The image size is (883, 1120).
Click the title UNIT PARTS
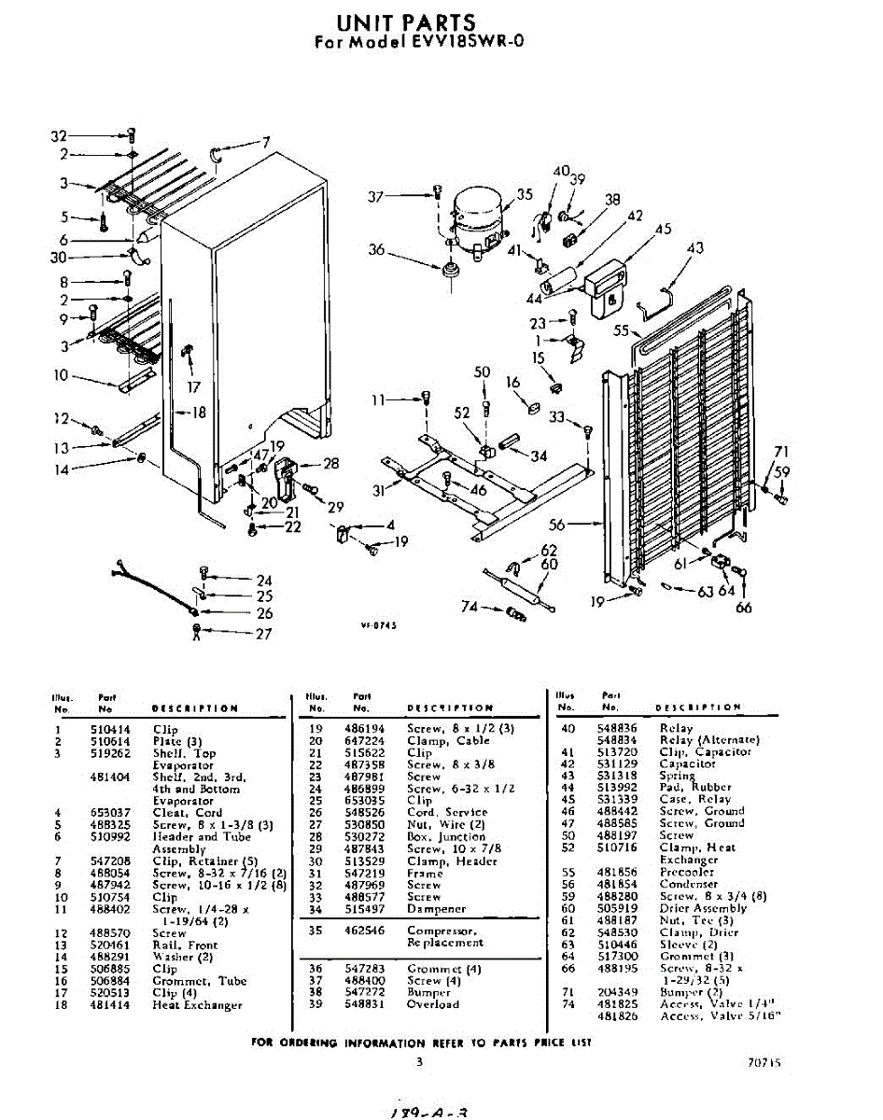pyautogui.click(x=405, y=21)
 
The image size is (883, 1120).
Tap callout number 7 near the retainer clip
pyautogui.click(x=266, y=142)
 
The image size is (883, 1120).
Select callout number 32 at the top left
pyautogui.click(x=59, y=136)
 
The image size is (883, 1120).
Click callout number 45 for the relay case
pyautogui.click(x=664, y=229)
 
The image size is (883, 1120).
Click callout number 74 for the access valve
pyautogui.click(x=471, y=607)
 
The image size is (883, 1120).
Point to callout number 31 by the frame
pyautogui.click(x=378, y=491)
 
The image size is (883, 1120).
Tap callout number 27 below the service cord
pyautogui.click(x=265, y=635)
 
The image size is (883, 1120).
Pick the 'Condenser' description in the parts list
pyautogui.click(x=688, y=884)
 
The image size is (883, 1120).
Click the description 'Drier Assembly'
pyautogui.click(x=703, y=908)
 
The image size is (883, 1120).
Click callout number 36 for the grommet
pyautogui.click(x=377, y=249)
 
